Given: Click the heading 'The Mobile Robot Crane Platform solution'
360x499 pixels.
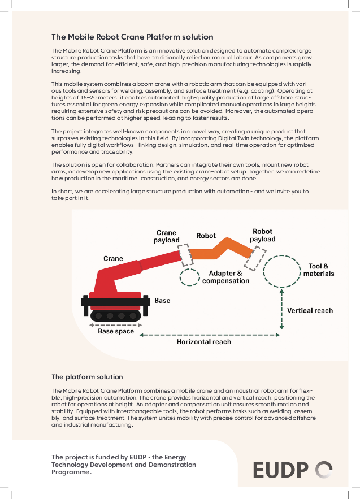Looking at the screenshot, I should [x=132, y=37].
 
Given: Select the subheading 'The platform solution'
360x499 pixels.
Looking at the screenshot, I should [x=87, y=376].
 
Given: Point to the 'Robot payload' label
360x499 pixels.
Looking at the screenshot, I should [x=263, y=235].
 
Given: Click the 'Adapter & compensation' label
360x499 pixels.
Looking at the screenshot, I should [x=225, y=277].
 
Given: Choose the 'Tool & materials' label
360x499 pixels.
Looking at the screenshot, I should [x=319, y=270].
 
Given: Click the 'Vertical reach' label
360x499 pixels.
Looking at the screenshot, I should [x=310, y=310].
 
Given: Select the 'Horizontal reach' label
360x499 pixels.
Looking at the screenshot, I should [x=204, y=341].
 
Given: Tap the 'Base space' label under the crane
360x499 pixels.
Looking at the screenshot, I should [x=116, y=331].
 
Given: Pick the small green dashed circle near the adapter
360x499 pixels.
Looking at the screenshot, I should [x=189, y=276].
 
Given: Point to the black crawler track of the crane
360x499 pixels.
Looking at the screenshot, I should [x=116, y=315].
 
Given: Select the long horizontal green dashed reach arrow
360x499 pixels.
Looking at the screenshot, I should [x=209, y=335].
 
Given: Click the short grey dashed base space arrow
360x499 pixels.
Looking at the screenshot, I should [x=116, y=324].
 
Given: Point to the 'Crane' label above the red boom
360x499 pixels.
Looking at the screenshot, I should [x=113, y=259].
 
